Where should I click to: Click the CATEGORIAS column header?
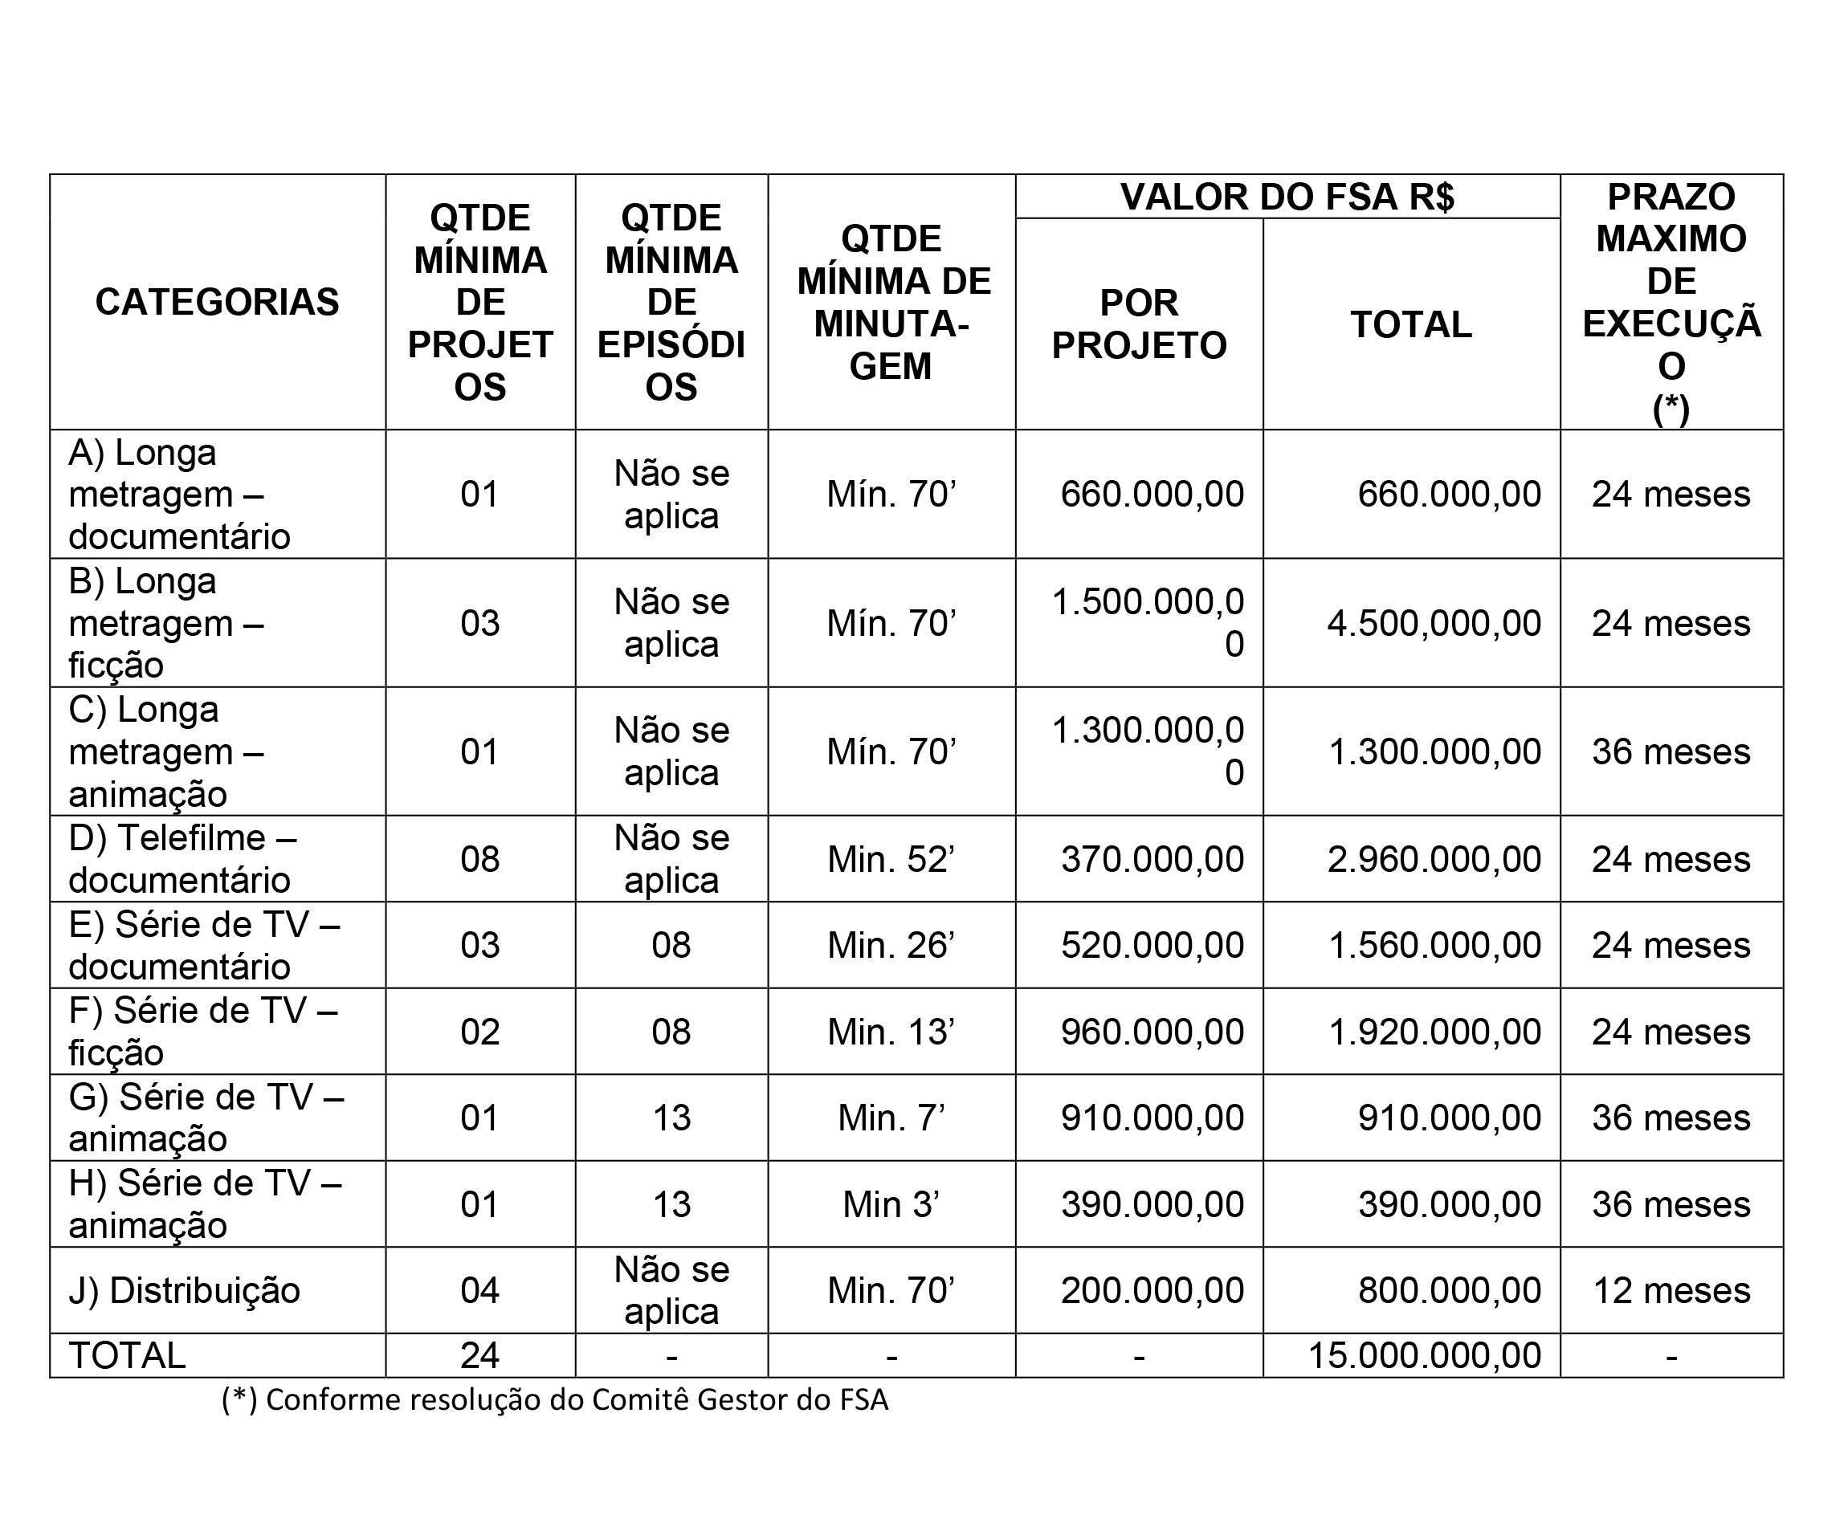click(217, 303)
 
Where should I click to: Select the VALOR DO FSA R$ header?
click(1287, 198)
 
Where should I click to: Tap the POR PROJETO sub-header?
click(1138, 324)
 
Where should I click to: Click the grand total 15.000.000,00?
click(1424, 1355)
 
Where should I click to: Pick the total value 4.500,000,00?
click(1434, 624)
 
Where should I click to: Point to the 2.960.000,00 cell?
click(1434, 860)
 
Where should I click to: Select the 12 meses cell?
click(1671, 1290)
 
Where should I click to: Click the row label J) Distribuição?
click(184, 1290)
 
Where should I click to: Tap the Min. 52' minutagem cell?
click(891, 860)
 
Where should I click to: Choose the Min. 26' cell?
click(891, 946)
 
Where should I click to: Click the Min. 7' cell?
click(891, 1118)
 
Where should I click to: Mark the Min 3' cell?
click(891, 1204)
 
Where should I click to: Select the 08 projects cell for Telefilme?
click(480, 860)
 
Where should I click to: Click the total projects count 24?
click(480, 1355)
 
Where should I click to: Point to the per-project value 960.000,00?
click(1152, 1032)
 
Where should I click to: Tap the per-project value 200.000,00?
click(1152, 1290)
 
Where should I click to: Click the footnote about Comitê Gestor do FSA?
click(555, 1400)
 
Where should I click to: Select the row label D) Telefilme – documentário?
click(182, 859)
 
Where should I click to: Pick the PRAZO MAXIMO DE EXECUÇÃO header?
click(1671, 303)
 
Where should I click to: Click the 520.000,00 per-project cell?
click(1152, 946)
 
